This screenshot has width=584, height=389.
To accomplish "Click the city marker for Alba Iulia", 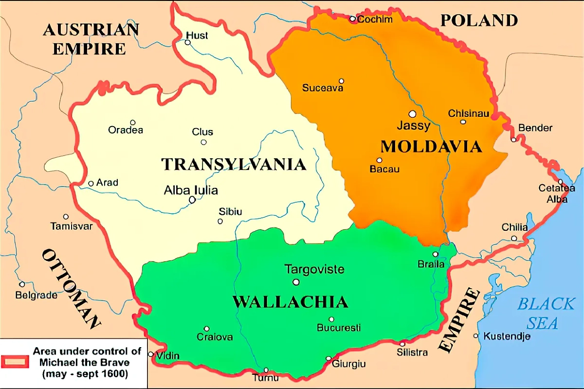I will pyautogui.click(x=193, y=200).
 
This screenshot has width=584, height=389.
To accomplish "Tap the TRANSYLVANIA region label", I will pyautogui.click(x=234, y=165).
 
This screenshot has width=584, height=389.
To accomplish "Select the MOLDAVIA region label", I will pyautogui.click(x=431, y=146).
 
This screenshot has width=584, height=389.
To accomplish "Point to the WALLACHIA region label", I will pyautogui.click(x=290, y=302).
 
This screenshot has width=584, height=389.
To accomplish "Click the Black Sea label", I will pyautogui.click(x=545, y=313).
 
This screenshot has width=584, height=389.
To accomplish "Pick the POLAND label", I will pyautogui.click(x=479, y=20).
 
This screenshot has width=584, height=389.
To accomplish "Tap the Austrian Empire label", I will pyautogui.click(x=91, y=39).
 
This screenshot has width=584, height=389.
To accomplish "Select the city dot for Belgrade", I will pyautogui.click(x=22, y=284).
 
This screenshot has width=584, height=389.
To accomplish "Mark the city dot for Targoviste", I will pyautogui.click(x=295, y=282).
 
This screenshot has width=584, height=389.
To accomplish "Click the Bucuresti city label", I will pyautogui.click(x=339, y=328).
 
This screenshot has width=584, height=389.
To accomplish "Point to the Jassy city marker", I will pyautogui.click(x=412, y=114).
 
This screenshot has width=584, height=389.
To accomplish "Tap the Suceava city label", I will pyautogui.click(x=323, y=88).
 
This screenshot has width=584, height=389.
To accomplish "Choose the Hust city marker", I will pyautogui.click(x=187, y=42).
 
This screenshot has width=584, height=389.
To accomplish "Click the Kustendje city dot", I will pyautogui.click(x=476, y=335).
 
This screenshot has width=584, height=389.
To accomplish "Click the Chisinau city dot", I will pyautogui.click(x=463, y=122).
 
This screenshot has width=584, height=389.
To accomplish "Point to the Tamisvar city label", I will pyautogui.click(x=71, y=226).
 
